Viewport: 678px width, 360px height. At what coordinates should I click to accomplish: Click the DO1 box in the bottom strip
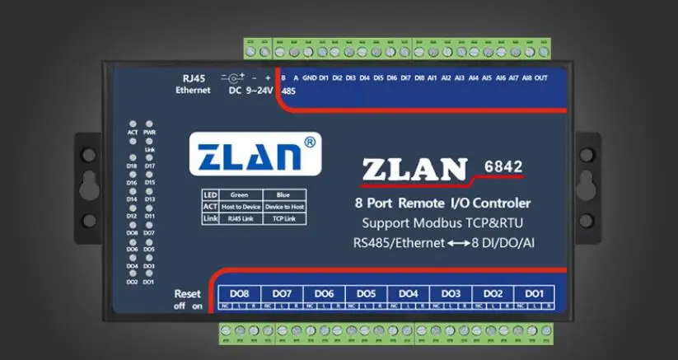click(x=535, y=294)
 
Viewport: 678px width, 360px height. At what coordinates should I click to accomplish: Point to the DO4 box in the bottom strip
click(x=409, y=294)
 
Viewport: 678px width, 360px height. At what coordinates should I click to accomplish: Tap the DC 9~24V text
click(x=250, y=91)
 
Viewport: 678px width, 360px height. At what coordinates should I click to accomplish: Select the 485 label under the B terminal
click(x=288, y=91)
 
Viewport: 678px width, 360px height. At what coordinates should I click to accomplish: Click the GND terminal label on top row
click(x=309, y=78)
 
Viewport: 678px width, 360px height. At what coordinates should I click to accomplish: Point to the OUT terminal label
click(x=540, y=78)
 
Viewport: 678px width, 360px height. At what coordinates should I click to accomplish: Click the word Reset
click(x=187, y=294)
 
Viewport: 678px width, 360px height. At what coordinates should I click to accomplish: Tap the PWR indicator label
click(x=149, y=132)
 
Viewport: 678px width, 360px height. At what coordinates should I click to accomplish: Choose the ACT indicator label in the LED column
click(x=133, y=132)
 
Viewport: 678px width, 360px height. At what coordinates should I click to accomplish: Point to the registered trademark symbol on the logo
click(x=309, y=142)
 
